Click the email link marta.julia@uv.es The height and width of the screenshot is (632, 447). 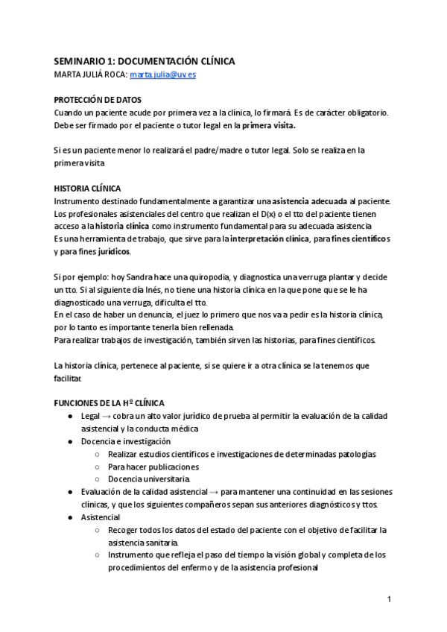(162, 75)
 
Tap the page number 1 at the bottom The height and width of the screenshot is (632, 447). (389, 599)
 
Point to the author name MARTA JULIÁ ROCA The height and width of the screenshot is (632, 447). (89, 75)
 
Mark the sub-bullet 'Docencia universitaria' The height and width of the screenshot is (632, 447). (149, 479)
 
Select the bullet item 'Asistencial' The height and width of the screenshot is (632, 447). (101, 516)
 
